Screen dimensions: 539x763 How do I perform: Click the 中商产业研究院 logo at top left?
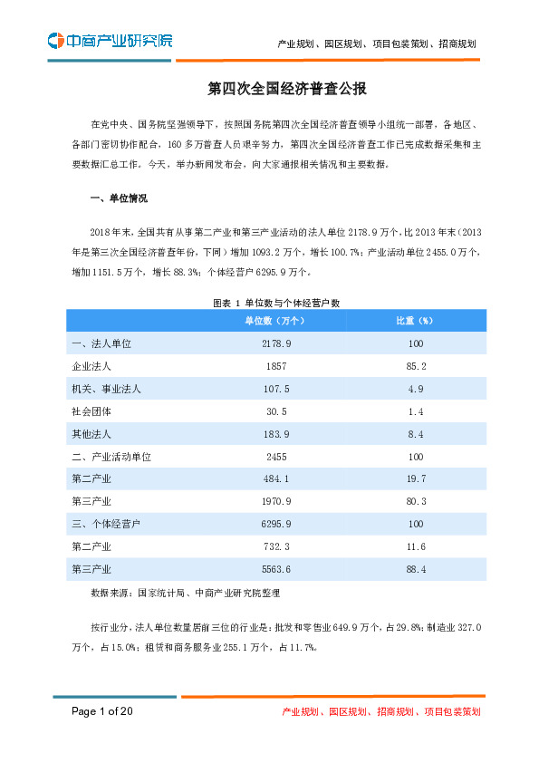coord(110,41)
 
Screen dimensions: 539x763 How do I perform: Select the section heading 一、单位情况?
coord(119,198)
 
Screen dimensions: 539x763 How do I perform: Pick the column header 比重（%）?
coord(416,321)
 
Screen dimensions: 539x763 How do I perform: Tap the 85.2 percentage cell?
coord(416,366)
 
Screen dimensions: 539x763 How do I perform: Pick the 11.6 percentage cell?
coord(416,546)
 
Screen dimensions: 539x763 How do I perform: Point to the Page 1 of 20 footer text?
coord(102,711)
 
